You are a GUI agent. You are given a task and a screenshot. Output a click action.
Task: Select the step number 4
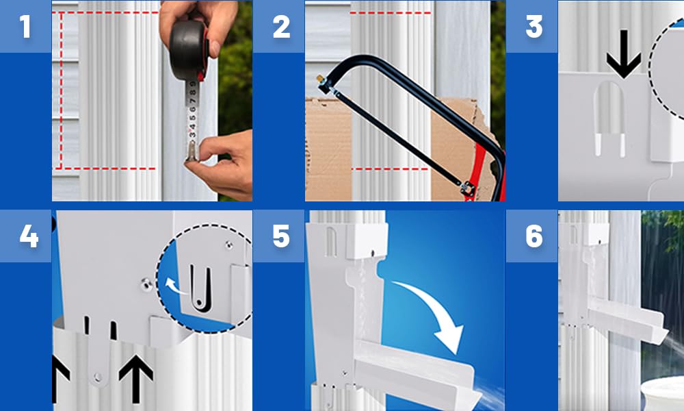29,237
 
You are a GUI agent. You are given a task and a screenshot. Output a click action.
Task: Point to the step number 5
281,237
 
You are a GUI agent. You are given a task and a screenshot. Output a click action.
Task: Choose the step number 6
534,237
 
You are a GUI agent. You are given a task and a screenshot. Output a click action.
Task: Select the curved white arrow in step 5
436,306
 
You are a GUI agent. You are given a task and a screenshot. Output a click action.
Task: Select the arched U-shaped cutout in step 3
610,118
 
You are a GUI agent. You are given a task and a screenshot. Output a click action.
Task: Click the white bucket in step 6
662,394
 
